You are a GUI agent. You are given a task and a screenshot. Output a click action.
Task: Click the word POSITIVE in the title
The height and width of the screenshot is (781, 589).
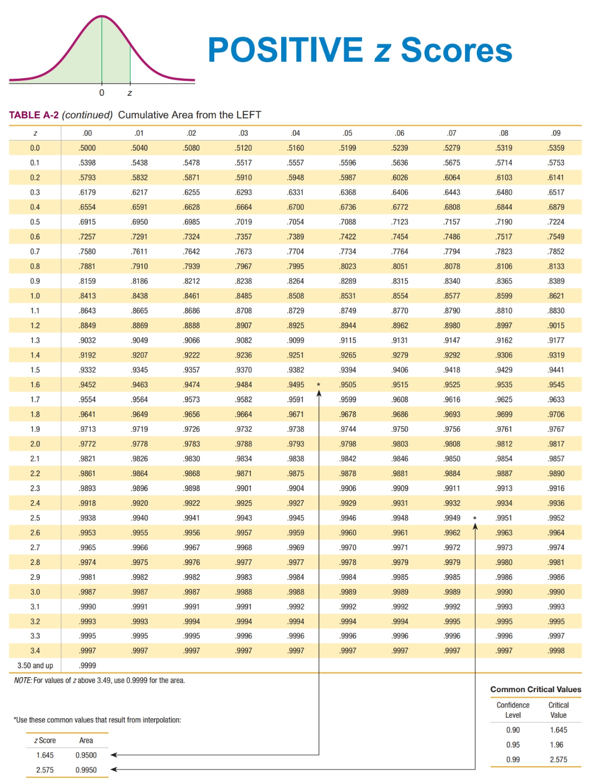click(285, 50)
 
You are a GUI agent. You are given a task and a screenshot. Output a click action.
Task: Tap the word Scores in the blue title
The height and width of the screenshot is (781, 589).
click(456, 50)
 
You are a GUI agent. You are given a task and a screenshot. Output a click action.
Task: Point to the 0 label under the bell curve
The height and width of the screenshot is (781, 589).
click(102, 93)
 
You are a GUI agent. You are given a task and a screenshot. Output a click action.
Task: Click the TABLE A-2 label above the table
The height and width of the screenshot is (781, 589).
click(33, 115)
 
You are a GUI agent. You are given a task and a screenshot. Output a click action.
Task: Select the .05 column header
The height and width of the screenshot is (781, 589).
click(348, 133)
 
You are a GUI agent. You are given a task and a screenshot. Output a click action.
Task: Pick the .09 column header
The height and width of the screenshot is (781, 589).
click(556, 133)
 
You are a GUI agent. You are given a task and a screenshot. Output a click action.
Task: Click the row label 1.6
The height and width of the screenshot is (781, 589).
click(35, 385)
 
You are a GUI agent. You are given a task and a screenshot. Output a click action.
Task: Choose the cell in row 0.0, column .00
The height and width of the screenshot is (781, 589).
click(87, 148)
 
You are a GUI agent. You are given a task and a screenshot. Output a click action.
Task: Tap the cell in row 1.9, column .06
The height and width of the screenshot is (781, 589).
click(400, 429)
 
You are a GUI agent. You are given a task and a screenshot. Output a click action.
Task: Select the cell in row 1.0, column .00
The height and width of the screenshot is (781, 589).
click(87, 296)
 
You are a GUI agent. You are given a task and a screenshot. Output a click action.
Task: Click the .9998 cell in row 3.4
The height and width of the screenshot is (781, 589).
click(556, 651)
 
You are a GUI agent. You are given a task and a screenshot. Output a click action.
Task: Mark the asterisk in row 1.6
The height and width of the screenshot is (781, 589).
click(318, 385)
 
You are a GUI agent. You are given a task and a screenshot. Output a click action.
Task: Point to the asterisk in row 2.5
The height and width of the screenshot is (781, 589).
click(475, 518)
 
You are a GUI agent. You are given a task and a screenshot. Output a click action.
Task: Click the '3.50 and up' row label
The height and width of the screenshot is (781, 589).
click(35, 666)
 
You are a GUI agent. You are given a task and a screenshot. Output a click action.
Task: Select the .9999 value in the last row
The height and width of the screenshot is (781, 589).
click(87, 666)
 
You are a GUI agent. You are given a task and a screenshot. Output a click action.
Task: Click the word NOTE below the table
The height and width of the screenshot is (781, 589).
click(23, 680)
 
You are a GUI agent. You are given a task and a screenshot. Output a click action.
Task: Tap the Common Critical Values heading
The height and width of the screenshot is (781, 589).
click(535, 689)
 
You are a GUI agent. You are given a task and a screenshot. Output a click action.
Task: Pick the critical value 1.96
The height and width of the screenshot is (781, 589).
click(557, 745)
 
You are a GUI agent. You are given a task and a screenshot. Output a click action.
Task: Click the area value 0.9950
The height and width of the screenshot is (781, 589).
click(86, 770)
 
